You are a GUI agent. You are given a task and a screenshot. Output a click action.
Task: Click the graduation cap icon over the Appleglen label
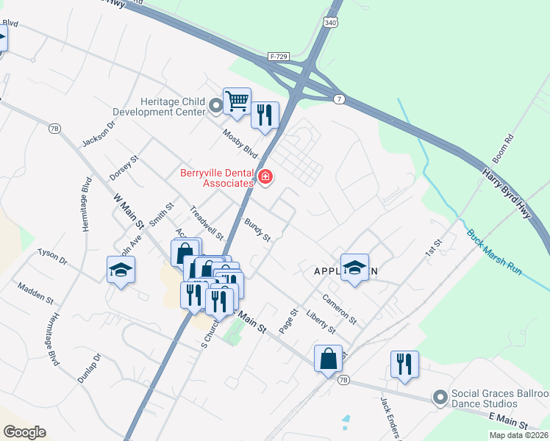coord(354,268)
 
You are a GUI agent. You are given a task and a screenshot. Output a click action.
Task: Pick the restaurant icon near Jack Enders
coord(404,364)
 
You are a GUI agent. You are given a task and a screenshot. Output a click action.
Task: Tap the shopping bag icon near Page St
coord(328,359)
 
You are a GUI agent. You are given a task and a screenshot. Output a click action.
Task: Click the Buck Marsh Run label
coord(494,253)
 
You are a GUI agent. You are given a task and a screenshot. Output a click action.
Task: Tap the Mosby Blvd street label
coord(241,143)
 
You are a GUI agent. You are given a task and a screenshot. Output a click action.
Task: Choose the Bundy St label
coord(258,229)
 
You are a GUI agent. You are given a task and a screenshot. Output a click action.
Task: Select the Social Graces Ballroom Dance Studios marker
coord(440,398)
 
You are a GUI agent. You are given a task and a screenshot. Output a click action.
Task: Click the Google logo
coord(24,432)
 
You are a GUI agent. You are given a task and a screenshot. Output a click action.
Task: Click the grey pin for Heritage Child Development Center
coord(215,106)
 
